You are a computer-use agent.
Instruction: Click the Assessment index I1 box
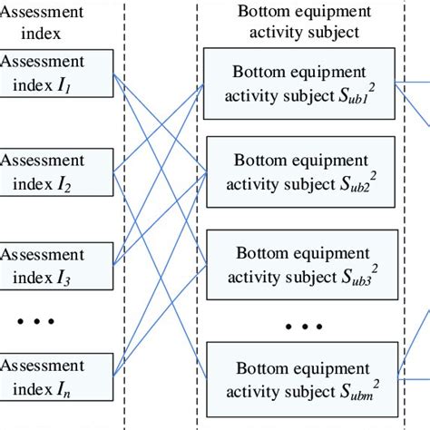tap(54, 73)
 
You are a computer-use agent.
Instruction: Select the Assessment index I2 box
tap(54, 171)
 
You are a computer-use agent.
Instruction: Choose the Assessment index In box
tap(54, 377)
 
